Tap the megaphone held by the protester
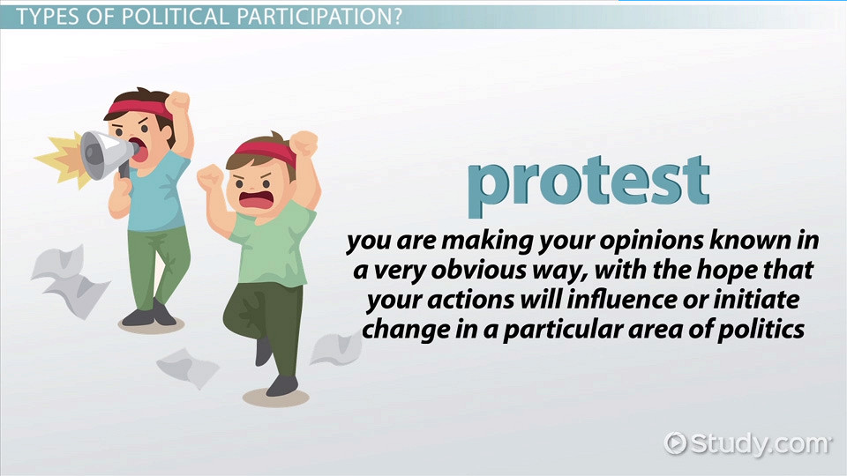click(108, 153)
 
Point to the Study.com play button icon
click(675, 443)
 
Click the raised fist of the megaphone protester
click(177, 101)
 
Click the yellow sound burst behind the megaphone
click(64, 160)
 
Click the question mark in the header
click(396, 16)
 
